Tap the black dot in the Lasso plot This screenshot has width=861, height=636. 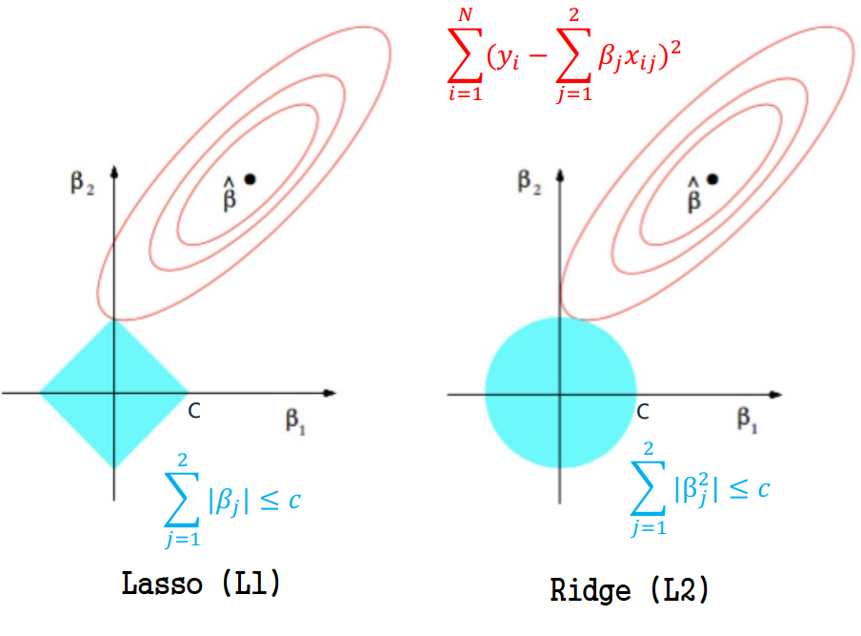click(250, 178)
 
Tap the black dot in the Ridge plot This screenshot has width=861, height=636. click(712, 178)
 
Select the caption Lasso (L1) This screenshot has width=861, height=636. click(201, 583)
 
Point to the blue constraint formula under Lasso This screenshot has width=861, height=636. click(234, 503)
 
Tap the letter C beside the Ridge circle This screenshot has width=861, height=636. click(643, 412)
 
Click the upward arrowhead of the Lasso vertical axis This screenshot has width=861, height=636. click(113, 171)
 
